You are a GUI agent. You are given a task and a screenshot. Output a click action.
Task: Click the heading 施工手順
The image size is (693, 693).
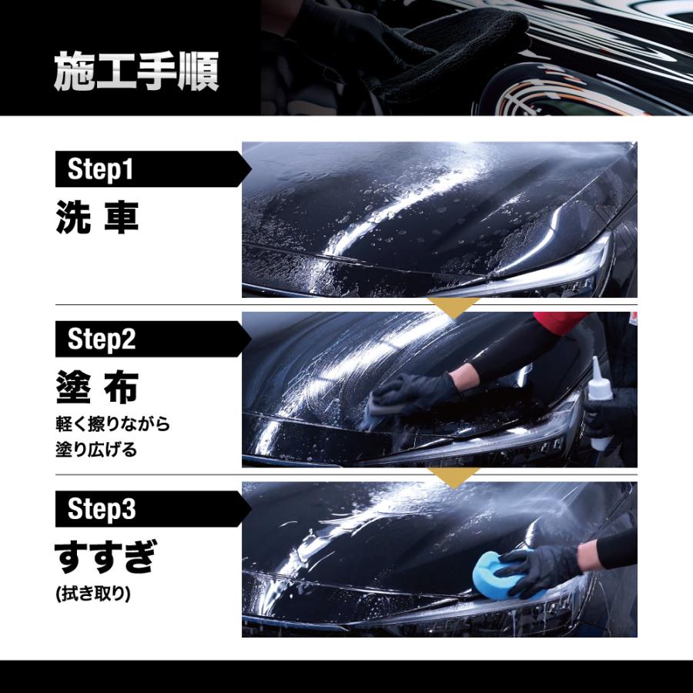click(x=136, y=71)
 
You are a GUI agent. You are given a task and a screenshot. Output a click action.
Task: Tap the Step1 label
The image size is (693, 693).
click(x=100, y=169)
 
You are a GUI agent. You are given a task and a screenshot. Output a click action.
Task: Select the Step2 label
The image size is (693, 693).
click(x=102, y=339)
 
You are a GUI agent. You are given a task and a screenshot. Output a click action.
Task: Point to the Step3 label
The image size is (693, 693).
click(x=102, y=509)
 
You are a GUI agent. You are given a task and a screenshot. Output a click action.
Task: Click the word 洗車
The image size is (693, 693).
click(x=97, y=217)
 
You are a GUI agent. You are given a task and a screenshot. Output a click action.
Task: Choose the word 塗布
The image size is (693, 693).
click(x=97, y=387)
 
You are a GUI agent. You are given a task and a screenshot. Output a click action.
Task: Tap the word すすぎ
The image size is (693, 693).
click(x=105, y=557)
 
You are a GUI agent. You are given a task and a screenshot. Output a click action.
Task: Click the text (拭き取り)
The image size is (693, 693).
click(x=93, y=594)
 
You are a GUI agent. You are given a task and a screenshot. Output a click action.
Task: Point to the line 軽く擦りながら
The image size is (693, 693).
click(x=112, y=423)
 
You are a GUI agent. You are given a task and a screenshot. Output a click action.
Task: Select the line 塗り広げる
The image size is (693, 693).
click(x=96, y=450)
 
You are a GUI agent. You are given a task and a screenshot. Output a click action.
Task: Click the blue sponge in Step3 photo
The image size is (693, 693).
click(x=500, y=575)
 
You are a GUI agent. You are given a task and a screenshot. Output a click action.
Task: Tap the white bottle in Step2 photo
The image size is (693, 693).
click(x=599, y=402)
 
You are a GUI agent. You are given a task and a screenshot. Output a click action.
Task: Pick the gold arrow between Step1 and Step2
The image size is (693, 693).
click(x=453, y=307)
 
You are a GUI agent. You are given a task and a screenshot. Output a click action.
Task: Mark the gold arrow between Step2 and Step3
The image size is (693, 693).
click(x=453, y=477)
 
